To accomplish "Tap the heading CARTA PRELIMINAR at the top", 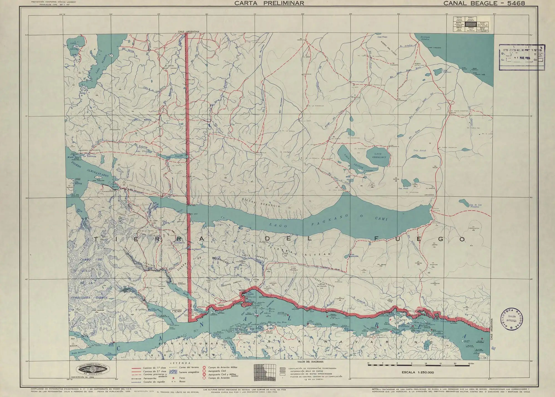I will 269,3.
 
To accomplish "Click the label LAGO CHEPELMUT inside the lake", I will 377,155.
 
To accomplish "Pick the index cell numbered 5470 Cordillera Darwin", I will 459,24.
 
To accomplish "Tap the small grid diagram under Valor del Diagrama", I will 265,372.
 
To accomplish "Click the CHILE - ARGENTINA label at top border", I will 189,32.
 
